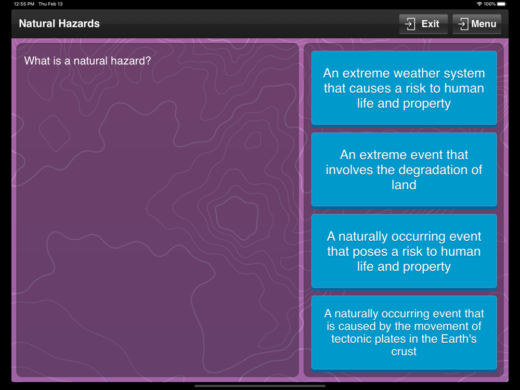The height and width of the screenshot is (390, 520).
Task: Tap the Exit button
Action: pyautogui.click(x=423, y=24)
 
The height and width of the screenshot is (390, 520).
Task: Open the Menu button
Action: pyautogui.click(x=476, y=24)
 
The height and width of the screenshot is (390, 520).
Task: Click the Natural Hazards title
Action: pyautogui.click(x=59, y=23)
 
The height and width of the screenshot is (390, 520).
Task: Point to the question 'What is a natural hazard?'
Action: pyautogui.click(x=87, y=61)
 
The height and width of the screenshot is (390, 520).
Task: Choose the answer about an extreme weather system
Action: pyautogui.click(x=404, y=88)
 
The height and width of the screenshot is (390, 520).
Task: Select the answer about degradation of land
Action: pyautogui.click(x=404, y=170)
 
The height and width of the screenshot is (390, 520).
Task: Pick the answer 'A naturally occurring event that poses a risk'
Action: pyautogui.click(x=404, y=251)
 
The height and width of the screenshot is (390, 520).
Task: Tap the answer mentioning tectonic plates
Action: pyautogui.click(x=404, y=332)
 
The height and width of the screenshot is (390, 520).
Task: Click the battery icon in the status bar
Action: pyautogui.click(x=502, y=4)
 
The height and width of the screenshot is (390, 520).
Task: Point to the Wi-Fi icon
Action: pyautogui.click(x=479, y=4)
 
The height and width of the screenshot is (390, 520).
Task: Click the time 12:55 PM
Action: pyautogui.click(x=24, y=4)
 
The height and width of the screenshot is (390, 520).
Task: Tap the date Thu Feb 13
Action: pyautogui.click(x=50, y=4)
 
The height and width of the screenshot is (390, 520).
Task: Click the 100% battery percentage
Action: pyautogui.click(x=489, y=4)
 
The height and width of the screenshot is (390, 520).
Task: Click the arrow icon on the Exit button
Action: pyautogui.click(x=410, y=24)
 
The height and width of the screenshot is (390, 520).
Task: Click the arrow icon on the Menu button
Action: pyautogui.click(x=463, y=24)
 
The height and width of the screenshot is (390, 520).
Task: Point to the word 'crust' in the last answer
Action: pyautogui.click(x=404, y=352)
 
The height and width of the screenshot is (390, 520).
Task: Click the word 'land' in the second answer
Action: pyautogui.click(x=404, y=185)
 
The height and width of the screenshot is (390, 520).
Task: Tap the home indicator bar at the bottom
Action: pyautogui.click(x=259, y=386)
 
